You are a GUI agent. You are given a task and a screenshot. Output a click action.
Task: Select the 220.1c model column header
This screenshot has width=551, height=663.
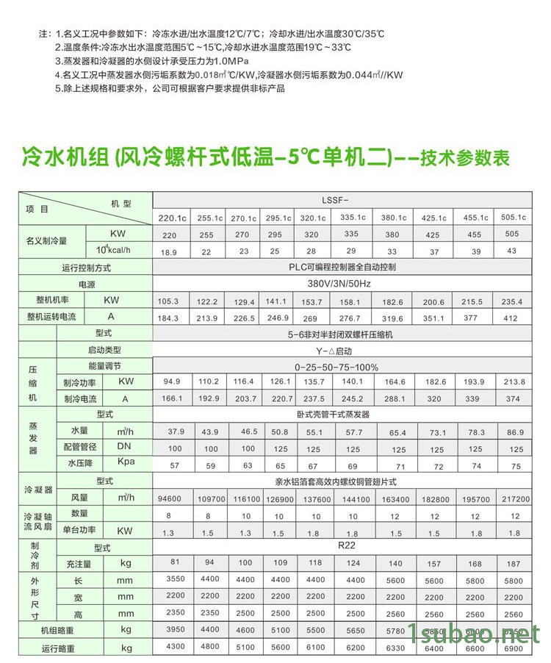[x=169, y=218]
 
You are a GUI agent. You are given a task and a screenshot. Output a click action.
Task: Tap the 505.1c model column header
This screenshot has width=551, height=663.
[x=514, y=217]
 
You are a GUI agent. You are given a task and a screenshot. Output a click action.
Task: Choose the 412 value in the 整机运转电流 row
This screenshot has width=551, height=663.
[x=511, y=318]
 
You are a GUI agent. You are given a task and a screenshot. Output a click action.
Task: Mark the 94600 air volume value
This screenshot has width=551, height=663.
[x=169, y=498]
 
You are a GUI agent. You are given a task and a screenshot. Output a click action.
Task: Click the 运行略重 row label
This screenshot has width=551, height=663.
[x=57, y=648]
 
